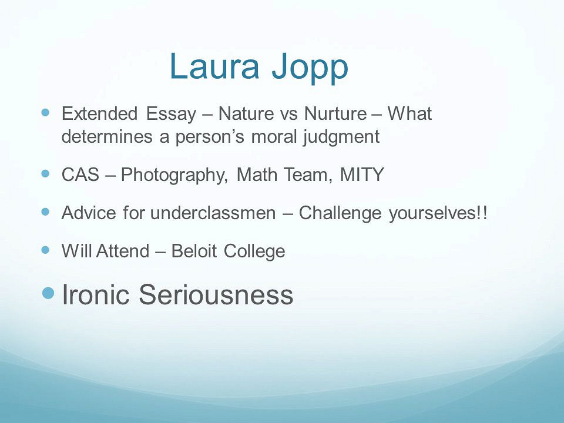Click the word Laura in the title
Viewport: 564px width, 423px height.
214,66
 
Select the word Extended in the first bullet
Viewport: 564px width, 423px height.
100,113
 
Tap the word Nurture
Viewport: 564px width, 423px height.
335,113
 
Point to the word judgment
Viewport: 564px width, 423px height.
341,137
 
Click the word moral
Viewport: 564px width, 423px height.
274,137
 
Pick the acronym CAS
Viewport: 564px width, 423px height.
80,174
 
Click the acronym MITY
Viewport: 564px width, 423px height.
362,174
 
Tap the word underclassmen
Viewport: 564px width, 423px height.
213,213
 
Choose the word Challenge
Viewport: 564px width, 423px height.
340,213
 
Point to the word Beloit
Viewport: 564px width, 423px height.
194,251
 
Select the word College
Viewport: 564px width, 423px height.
254,252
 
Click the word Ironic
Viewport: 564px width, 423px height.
96,294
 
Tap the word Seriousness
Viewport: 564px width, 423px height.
216,294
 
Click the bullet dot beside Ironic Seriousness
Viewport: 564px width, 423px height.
48,293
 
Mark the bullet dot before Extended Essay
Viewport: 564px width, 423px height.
45,113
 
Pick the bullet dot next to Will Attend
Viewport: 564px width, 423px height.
45,250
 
